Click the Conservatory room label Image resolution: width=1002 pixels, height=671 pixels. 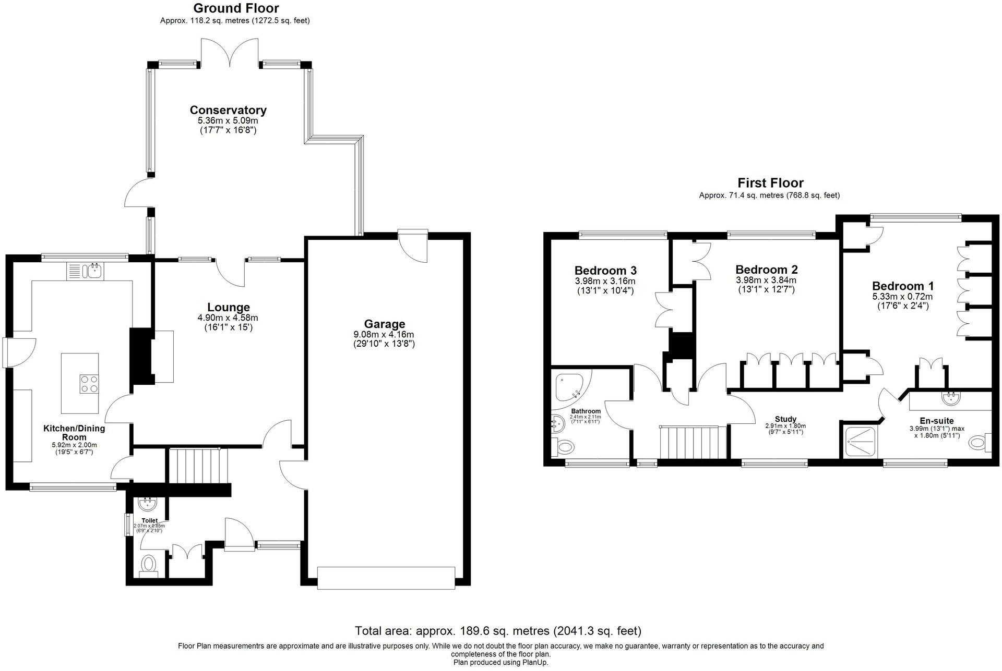[x=228, y=110]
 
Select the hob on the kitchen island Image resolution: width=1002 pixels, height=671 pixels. [x=89, y=384]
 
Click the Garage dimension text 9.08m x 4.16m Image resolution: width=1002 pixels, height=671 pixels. [x=384, y=334]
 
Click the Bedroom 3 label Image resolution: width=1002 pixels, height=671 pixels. [x=605, y=271]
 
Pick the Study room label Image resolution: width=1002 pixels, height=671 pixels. [x=785, y=419]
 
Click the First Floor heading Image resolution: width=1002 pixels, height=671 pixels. [x=770, y=183]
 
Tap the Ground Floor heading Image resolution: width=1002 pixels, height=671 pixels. [x=236, y=8]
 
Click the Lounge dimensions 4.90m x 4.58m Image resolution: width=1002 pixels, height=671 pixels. [x=228, y=318]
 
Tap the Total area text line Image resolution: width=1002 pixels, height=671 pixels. [x=498, y=631]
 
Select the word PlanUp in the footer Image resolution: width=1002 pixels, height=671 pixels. [x=535, y=662]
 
